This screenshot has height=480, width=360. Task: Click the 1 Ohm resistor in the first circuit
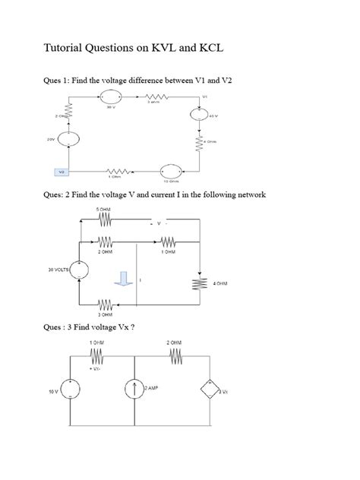click(x=115, y=172)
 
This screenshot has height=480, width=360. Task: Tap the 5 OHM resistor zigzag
click(x=104, y=219)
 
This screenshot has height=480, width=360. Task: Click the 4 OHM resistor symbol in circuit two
click(x=200, y=283)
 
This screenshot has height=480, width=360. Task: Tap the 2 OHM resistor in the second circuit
click(x=104, y=243)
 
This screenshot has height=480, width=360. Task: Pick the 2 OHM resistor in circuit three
click(x=176, y=357)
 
